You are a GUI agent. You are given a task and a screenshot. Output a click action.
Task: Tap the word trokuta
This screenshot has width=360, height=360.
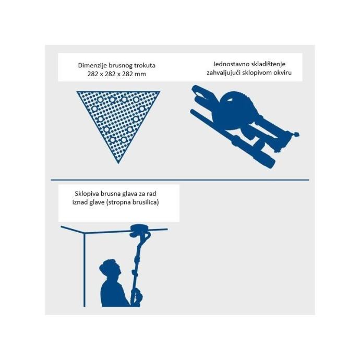[145, 65]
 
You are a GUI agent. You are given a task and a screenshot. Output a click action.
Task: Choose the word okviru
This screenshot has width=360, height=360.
[283, 73]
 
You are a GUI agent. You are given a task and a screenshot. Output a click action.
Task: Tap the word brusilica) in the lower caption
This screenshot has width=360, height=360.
[145, 202]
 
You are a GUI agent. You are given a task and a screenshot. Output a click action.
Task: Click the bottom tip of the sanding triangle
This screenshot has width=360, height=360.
[118, 163]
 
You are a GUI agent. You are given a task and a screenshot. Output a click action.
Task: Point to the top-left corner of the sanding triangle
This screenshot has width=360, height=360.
[77, 92]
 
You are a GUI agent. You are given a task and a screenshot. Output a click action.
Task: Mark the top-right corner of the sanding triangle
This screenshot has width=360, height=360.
[160, 92]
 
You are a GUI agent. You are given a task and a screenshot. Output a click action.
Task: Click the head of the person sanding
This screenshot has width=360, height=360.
[110, 269]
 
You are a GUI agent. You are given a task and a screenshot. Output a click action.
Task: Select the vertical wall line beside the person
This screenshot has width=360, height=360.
[85, 270]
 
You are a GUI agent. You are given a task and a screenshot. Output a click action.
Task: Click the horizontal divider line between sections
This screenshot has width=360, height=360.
[180, 180]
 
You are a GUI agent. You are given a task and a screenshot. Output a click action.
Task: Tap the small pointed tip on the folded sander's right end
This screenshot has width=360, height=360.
[297, 134]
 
